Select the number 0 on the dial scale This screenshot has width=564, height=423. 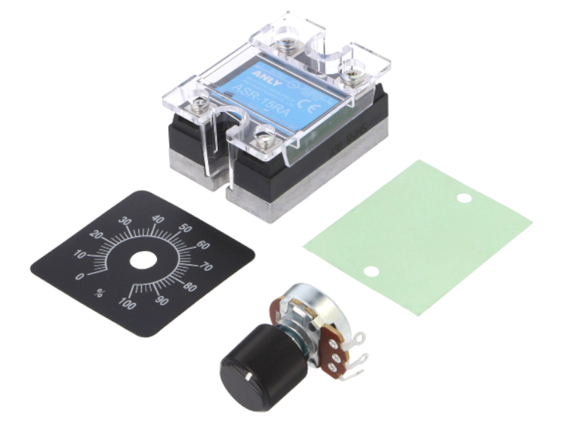click(81, 276)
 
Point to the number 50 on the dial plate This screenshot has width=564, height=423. click(185, 228)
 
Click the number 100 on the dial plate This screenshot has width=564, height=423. click(127, 304)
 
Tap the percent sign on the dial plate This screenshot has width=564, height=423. click(100, 293)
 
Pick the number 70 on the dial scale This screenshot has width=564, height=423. click(207, 267)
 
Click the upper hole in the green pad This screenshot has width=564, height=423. click(463, 198)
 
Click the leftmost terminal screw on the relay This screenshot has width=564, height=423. click(201, 105)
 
